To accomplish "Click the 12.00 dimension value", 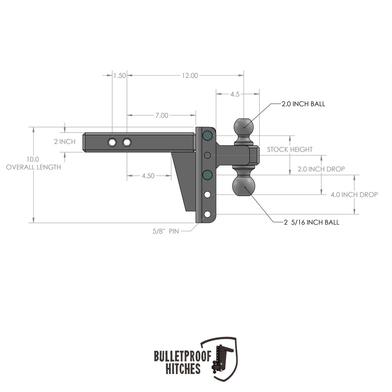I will coord(190,75).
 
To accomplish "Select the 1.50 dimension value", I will coord(120,75).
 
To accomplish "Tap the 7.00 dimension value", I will coord(162,115).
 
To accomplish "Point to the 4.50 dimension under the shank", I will coord(148,176).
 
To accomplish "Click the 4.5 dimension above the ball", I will coord(235,94).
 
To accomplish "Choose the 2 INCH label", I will coord(65,141).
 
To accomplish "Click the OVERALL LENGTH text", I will coord(33,167).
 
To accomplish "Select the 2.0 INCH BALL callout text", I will coord(303,104).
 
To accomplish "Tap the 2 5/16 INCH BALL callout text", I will coord(311,222).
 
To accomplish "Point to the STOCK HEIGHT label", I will coord(290,150).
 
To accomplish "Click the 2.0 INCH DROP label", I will coord(321,169).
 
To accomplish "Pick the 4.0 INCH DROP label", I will coord(354,195).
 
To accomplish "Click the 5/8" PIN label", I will coord(166,231).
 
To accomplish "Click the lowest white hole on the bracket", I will coord(207,214).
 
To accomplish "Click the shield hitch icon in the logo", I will coord(222,358).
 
